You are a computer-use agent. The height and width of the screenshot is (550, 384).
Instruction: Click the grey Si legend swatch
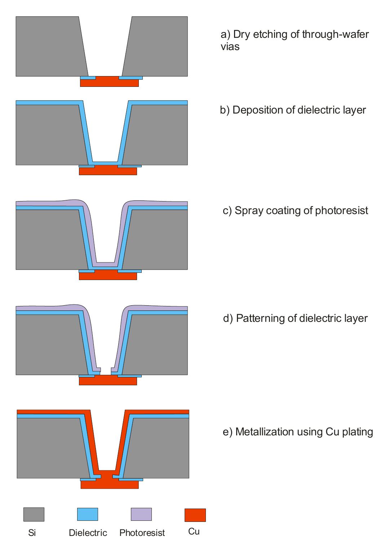[x=34, y=514]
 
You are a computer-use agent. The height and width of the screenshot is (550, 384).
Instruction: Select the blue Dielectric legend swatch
[x=87, y=514]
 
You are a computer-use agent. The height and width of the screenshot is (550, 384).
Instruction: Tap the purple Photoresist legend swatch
[x=141, y=514]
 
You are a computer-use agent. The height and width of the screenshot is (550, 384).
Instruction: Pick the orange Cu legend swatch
[x=195, y=515]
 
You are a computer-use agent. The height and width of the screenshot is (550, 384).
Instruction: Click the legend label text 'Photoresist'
[x=142, y=533]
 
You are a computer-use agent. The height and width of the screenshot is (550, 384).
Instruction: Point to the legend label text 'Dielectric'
[x=88, y=533]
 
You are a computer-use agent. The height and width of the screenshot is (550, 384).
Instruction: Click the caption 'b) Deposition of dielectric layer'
[x=293, y=110]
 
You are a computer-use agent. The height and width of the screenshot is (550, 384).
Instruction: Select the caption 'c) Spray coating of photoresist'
[x=295, y=210]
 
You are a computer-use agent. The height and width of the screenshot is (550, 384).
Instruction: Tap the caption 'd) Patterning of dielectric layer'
[x=295, y=318]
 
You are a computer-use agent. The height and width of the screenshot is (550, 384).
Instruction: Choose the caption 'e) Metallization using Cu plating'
[x=298, y=432]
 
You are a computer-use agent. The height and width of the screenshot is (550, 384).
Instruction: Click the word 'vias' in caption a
[x=230, y=47]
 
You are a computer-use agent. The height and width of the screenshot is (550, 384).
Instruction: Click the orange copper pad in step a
[x=109, y=83]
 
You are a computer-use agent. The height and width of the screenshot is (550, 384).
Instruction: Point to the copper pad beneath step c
[x=108, y=276]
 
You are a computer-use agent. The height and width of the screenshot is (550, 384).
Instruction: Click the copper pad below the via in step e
[x=109, y=484]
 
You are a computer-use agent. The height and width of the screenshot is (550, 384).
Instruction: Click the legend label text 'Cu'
[x=194, y=532]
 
